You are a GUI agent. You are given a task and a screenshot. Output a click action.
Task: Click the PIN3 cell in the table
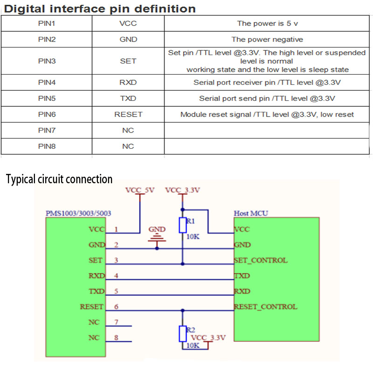pos(47,61)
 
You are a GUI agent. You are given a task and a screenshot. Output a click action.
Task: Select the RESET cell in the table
pos(128,114)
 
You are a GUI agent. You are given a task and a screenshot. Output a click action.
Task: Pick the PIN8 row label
pos(47,146)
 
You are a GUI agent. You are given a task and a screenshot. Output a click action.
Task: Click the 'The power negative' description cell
pos(267,40)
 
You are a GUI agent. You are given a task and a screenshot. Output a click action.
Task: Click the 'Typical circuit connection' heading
pos(59,179)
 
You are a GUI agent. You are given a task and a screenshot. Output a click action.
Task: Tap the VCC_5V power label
pos(140,190)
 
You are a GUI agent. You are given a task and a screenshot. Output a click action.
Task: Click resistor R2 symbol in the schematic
pos(183,333)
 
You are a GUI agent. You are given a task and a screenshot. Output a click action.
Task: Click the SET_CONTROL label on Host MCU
pos(260,260)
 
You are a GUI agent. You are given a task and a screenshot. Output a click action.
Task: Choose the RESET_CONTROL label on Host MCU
pos(265,307)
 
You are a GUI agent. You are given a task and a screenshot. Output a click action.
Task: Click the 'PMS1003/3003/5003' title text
pos(78,213)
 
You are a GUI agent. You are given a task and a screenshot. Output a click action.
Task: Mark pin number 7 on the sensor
pos(116,322)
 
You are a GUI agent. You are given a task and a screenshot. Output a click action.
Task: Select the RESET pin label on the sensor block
pos(91,307)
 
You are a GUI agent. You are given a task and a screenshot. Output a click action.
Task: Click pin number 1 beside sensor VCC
pos(116,229)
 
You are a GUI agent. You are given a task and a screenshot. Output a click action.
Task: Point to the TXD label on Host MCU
pos(242,276)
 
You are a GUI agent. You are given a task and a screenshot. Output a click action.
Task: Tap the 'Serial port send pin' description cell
pos(267,98)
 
